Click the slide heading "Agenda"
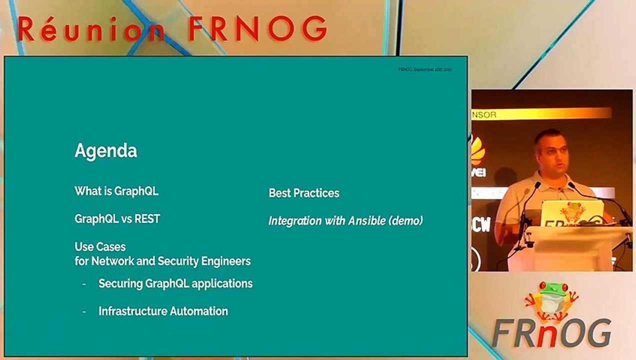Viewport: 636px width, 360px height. pyautogui.click(x=105, y=151)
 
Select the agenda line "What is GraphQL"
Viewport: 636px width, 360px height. pyautogui.click(x=116, y=191)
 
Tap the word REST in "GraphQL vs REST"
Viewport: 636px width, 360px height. pyautogui.click(x=147, y=219)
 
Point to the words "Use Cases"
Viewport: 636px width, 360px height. pyautogui.click(x=100, y=247)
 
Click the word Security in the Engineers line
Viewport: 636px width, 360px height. pyautogui.click(x=178, y=261)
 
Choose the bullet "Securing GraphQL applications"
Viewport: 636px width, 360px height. pyautogui.click(x=175, y=283)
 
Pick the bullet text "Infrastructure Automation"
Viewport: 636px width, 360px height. pyautogui.click(x=163, y=311)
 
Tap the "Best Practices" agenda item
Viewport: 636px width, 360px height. pyautogui.click(x=304, y=193)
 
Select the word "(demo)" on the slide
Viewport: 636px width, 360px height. pyautogui.click(x=406, y=220)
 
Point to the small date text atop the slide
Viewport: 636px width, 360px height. pyautogui.click(x=425, y=69)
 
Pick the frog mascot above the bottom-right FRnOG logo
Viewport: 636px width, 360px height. pyautogui.click(x=551, y=300)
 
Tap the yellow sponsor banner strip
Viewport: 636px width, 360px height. pyautogui.click(x=540, y=114)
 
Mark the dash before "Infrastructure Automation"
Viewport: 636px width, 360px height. pyautogui.click(x=84, y=311)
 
